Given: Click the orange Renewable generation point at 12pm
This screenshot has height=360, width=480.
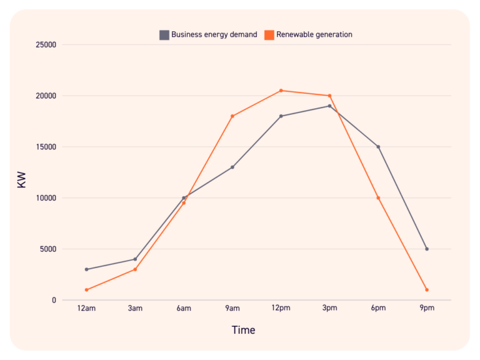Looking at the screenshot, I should (x=281, y=91).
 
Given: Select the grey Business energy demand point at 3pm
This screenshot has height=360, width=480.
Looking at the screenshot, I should (x=329, y=106).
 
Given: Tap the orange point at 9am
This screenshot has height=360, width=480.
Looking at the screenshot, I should (x=232, y=116).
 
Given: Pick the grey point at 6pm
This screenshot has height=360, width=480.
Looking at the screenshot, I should (x=378, y=147).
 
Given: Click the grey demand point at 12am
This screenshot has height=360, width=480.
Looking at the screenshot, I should (x=86, y=269).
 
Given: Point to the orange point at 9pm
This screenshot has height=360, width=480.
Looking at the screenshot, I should (x=427, y=290).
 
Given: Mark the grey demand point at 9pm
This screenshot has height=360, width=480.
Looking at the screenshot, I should (x=427, y=249).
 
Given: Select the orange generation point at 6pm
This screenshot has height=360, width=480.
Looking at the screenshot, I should (x=378, y=198).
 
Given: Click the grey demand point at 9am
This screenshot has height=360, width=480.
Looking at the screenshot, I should (x=232, y=167).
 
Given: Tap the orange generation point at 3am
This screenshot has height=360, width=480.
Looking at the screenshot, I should (x=135, y=269).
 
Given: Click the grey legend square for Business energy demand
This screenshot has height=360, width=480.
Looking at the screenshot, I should (x=164, y=35).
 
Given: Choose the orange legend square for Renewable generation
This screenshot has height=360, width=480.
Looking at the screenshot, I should (x=269, y=35).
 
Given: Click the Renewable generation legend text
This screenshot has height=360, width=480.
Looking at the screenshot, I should (x=314, y=35).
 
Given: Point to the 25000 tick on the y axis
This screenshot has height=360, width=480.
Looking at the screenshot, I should (x=45, y=45).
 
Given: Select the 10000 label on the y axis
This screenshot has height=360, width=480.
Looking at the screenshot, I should (x=45, y=198).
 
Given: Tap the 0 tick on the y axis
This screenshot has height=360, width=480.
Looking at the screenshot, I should (x=54, y=301).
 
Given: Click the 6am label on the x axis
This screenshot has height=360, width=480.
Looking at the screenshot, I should (x=184, y=309).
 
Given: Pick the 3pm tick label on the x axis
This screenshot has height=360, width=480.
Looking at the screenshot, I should (x=329, y=309).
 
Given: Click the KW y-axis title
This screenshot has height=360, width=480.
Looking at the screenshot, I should (x=22, y=180).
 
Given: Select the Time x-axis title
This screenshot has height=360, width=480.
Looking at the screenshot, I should (x=243, y=330).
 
